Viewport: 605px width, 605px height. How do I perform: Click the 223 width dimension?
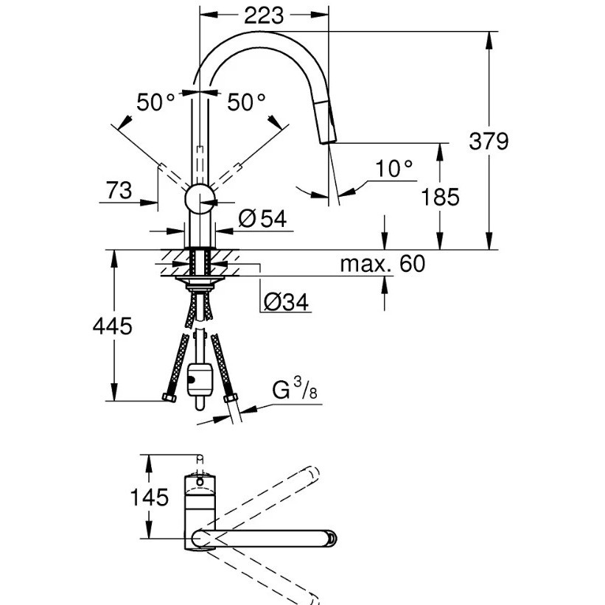pos(264,15)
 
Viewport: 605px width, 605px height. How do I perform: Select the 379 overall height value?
pos(489,141)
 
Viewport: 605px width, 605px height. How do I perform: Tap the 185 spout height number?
pos(440,197)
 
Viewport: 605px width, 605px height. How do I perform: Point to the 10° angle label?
pos(394,169)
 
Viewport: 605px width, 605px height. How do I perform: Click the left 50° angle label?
pos(155,102)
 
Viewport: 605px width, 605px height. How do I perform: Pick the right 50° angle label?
pos(246,102)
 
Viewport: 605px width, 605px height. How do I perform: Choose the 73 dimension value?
pos(119,191)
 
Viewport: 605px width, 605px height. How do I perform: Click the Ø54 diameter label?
pos(263,219)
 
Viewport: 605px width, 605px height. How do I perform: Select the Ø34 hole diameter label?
pos(287,301)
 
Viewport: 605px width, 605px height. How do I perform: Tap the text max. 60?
pos(382,264)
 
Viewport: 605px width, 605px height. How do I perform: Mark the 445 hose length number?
pos(112,326)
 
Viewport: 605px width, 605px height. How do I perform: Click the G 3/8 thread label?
pos(295,388)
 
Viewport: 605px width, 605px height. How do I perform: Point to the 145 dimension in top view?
pos(150,497)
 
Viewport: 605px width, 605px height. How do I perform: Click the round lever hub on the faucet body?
pos(200,199)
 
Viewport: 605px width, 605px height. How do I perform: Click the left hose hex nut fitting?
pos(169,397)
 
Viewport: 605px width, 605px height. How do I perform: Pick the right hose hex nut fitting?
pos(230,398)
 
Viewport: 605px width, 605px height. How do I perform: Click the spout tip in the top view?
pos(331,538)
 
